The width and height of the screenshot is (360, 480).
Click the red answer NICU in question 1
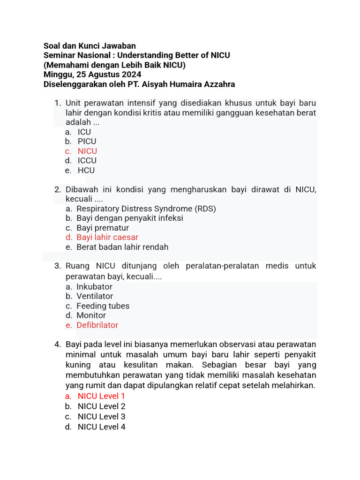pyautogui.click(x=87, y=151)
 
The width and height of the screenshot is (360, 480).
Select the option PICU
pyautogui.click(x=87, y=141)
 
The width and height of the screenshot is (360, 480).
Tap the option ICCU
pyautogui.click(x=87, y=160)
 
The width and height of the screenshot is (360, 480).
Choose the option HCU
pyautogui.click(x=86, y=170)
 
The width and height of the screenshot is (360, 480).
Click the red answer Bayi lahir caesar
pyautogui.click(x=107, y=237)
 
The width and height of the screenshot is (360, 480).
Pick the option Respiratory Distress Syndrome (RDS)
pyautogui.click(x=146, y=209)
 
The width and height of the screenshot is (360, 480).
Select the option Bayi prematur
pyautogui.click(x=103, y=228)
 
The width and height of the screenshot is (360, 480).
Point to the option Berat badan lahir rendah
pyautogui.click(x=122, y=247)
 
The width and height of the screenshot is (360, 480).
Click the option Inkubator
pyautogui.click(x=94, y=286)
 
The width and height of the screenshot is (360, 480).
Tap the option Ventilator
pyautogui.click(x=95, y=296)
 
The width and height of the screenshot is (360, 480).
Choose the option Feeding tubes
pyautogui.click(x=103, y=306)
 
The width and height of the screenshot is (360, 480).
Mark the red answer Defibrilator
pyautogui.click(x=97, y=325)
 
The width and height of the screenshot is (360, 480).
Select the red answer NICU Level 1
pyautogui.click(x=101, y=396)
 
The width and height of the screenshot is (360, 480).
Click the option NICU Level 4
pyautogui.click(x=101, y=427)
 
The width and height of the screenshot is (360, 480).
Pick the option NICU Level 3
pyautogui.click(x=101, y=416)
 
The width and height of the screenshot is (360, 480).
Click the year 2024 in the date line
pyautogui.click(x=131, y=75)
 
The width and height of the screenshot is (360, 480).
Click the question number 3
pyautogui.click(x=58, y=266)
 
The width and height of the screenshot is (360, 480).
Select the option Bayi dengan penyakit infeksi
pyautogui.click(x=130, y=218)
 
